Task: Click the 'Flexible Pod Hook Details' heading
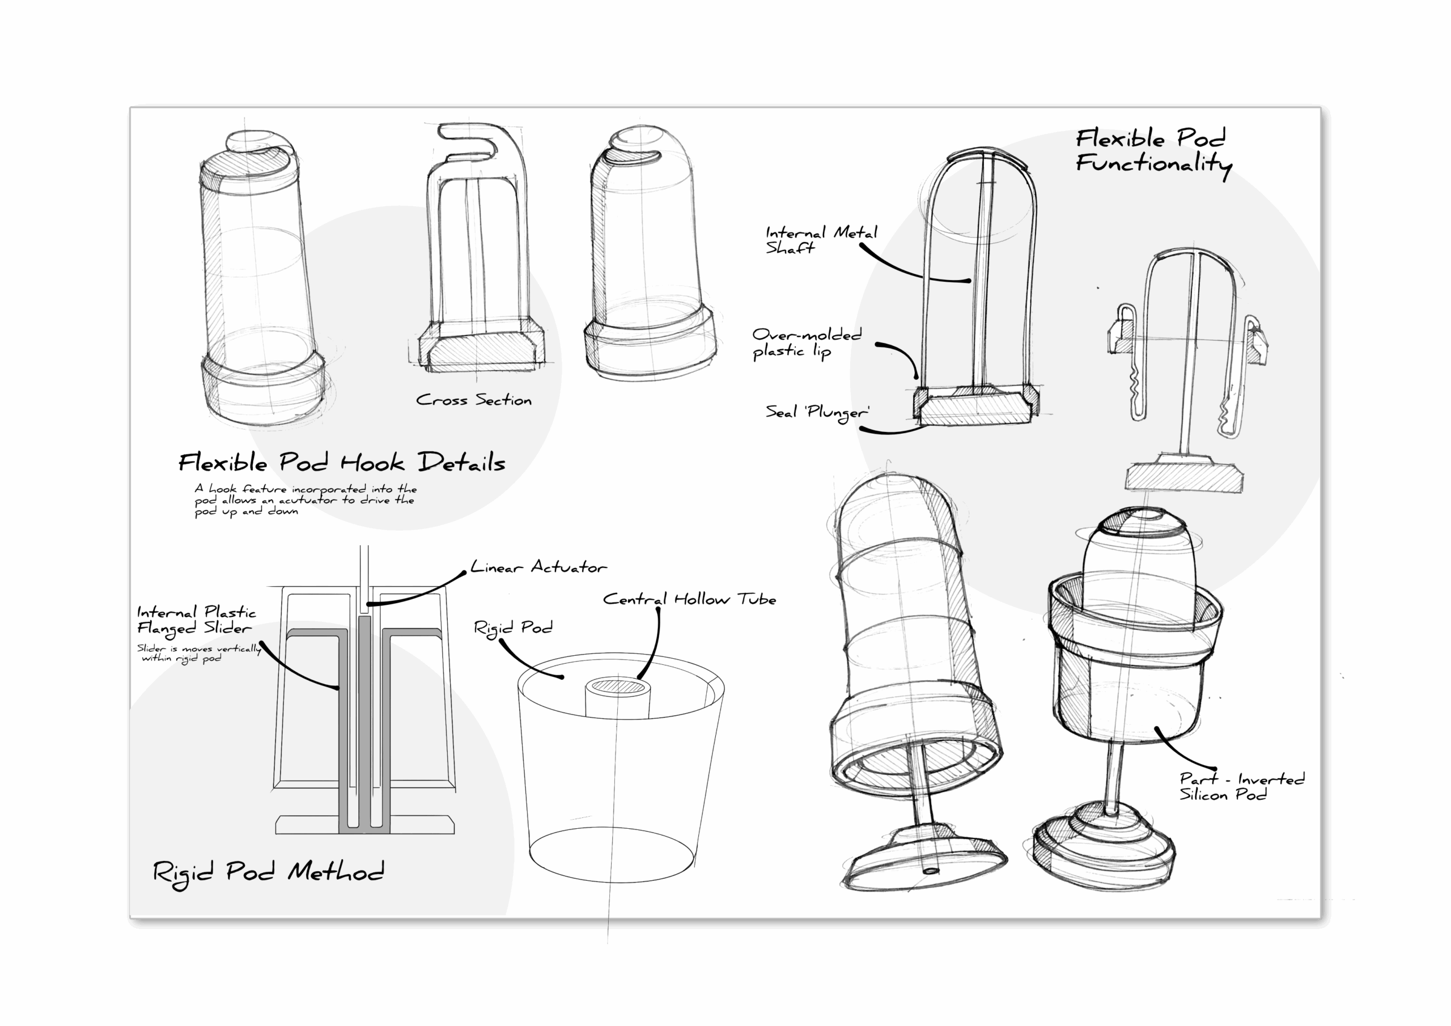click(x=342, y=463)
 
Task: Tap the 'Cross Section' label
click(x=473, y=400)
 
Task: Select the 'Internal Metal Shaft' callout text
click(x=820, y=240)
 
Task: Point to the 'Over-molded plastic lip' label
click(x=806, y=342)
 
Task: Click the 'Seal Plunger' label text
click(x=817, y=412)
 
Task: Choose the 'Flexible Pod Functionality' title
click(x=1153, y=152)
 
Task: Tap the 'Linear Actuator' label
click(x=538, y=567)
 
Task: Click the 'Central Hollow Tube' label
click(x=689, y=599)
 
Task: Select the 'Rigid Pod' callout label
click(x=513, y=628)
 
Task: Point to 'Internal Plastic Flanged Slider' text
click(x=197, y=620)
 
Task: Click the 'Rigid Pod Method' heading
click(x=268, y=872)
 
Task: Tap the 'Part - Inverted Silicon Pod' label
click(x=1241, y=786)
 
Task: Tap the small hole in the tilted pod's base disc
click(x=931, y=871)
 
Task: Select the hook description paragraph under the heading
click(x=306, y=500)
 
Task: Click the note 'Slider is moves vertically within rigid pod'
click(x=198, y=653)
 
